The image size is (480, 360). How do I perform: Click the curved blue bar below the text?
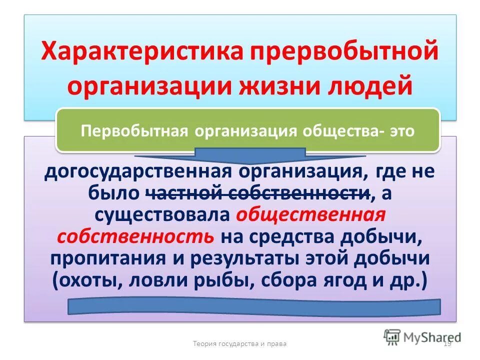(253, 306)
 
